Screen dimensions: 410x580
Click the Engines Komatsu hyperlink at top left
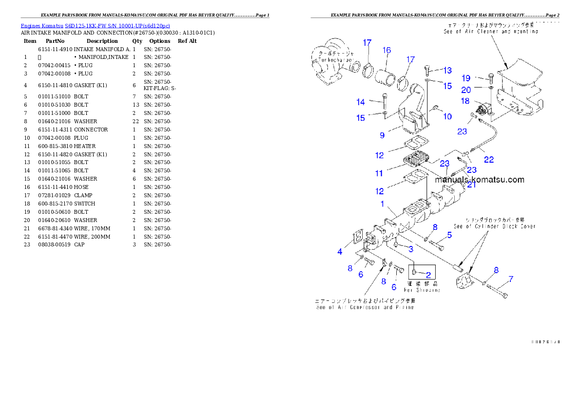[95, 26]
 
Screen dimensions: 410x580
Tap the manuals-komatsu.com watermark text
[480, 180]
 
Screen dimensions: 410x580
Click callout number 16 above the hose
[387, 50]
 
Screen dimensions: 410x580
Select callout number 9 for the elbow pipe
[382, 135]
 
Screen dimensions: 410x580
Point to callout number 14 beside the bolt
[361, 102]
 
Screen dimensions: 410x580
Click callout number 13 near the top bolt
[447, 71]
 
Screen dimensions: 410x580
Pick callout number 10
[447, 116]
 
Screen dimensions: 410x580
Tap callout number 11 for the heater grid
[379, 173]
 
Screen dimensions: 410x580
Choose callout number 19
[466, 78]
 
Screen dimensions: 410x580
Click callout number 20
[466, 90]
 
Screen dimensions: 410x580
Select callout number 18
[465, 101]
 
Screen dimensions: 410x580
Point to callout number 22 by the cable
[488, 160]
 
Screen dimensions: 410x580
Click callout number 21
[471, 185]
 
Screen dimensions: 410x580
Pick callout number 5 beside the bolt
[449, 235]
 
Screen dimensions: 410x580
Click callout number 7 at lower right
[511, 280]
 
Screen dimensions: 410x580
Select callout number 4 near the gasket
[340, 252]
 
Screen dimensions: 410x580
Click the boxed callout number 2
[428, 274]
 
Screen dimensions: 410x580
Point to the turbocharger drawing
[332, 61]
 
